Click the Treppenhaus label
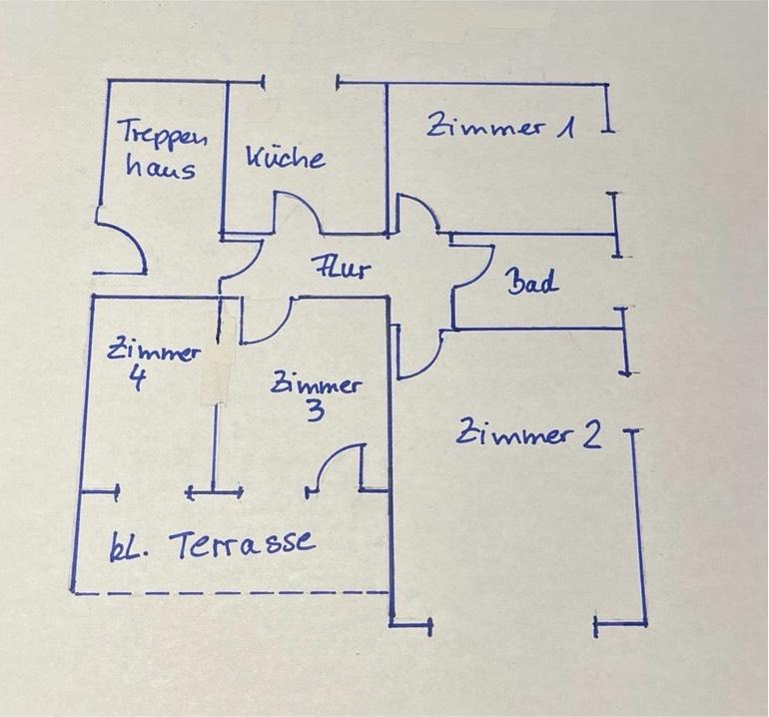pyautogui.click(x=157, y=149)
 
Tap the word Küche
pyautogui.click(x=285, y=158)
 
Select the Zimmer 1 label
pyautogui.click(x=501, y=127)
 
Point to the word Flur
pyautogui.click(x=341, y=269)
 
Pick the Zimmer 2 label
pyautogui.click(x=528, y=434)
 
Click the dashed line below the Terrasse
pyautogui.click(x=230, y=594)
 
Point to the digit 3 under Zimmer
pyautogui.click(x=315, y=410)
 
